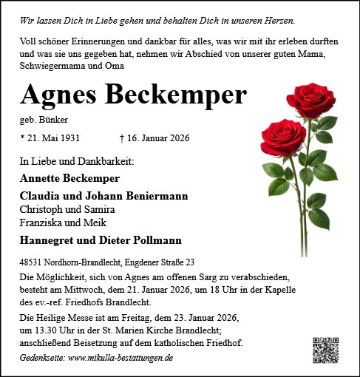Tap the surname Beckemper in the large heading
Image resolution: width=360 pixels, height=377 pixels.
pyautogui.click(x=177, y=94)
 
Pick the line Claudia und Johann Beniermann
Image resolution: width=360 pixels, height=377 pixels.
pyautogui.click(x=103, y=196)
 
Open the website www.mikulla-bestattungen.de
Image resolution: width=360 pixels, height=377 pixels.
pyautogui.click(x=120, y=358)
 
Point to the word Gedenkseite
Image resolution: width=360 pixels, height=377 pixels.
pyautogui.click(x=42, y=358)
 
